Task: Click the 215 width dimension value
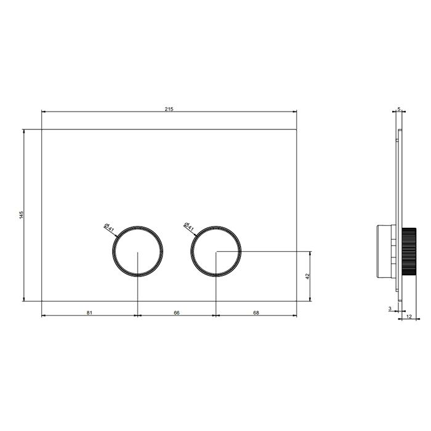[x=169, y=109]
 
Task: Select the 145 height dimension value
[x=22, y=215]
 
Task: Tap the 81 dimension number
[x=89, y=313]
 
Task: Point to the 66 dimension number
[x=177, y=313]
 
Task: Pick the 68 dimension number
[x=256, y=313]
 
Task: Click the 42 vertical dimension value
[x=308, y=276]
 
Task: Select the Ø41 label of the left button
[x=109, y=227]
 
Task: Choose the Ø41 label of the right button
[x=188, y=227]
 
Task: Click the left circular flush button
[x=137, y=226]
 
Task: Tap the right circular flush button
[x=216, y=226]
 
